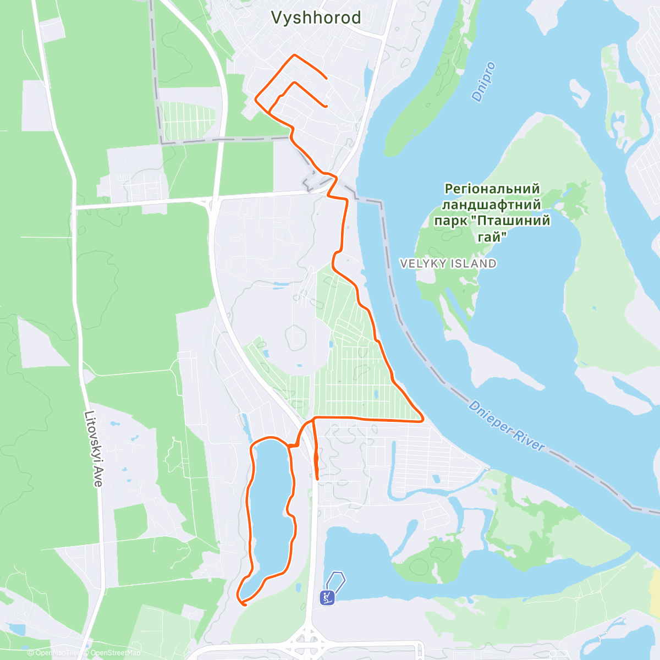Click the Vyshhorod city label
click(316, 18)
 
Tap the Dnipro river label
click(483, 82)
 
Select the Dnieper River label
click(506, 426)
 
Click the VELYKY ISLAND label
click(448, 264)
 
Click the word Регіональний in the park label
click(492, 189)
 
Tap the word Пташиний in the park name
click(513, 221)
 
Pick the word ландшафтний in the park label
click(491, 205)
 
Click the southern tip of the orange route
click(242, 604)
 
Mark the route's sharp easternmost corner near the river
click(422, 420)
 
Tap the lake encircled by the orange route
click(271, 512)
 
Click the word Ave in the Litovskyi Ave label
click(97, 478)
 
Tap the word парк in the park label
click(452, 221)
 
